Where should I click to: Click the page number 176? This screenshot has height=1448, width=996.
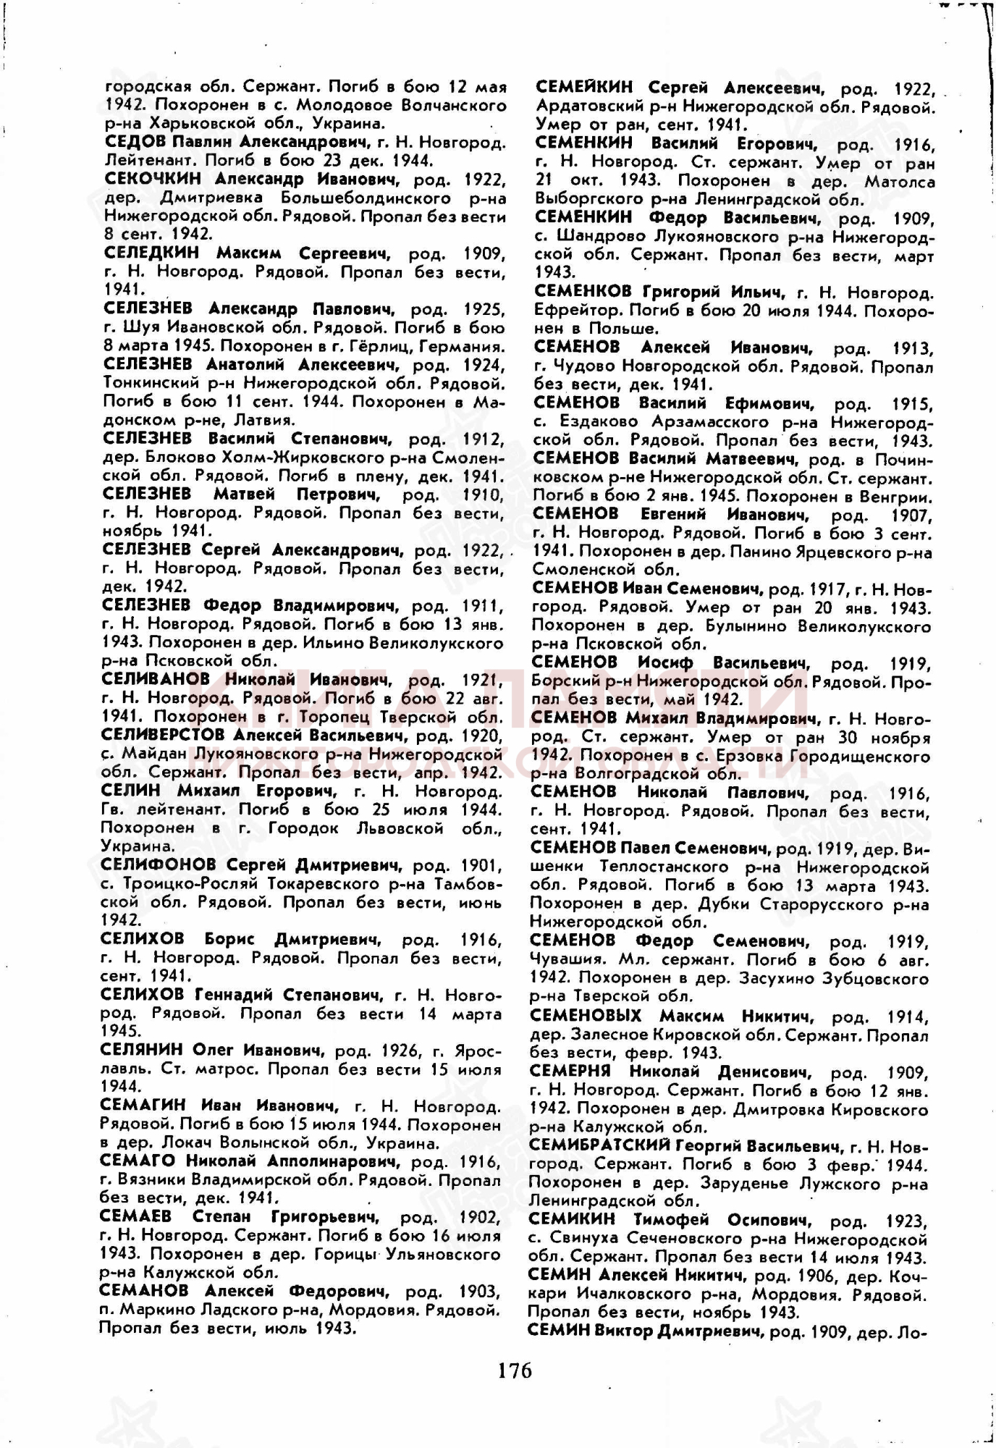tap(515, 1371)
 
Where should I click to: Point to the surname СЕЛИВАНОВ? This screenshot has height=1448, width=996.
tap(156, 679)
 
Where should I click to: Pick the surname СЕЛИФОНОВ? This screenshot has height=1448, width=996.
tap(158, 864)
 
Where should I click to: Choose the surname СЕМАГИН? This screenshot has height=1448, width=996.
tap(143, 1105)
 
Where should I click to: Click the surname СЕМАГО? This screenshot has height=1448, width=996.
tap(138, 1161)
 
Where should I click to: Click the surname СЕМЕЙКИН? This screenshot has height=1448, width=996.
tap(583, 88)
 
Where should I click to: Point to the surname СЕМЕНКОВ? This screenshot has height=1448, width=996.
tap(583, 292)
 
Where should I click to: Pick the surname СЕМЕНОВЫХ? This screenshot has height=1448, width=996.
tap(586, 1016)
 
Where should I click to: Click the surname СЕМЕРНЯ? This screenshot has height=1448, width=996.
tap(570, 1072)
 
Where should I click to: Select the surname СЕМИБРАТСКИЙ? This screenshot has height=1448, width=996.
tap(599, 1146)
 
